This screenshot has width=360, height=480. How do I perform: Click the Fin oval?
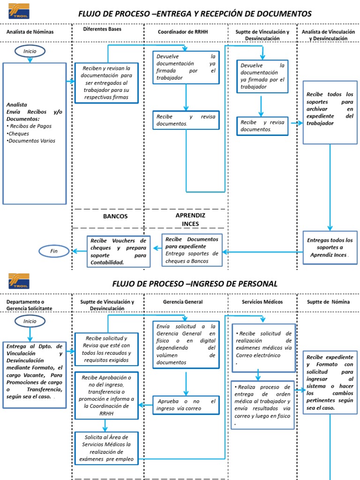54,252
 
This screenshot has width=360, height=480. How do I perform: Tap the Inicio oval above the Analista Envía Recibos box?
30,50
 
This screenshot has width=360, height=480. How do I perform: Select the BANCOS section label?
115,217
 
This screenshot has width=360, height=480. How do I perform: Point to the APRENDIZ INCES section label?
190,219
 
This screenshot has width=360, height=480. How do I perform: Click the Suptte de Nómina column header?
328,302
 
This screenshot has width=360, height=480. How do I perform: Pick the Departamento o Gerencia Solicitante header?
29,305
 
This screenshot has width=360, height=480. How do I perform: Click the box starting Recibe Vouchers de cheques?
119,251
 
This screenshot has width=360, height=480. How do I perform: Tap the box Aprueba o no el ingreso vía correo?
186,405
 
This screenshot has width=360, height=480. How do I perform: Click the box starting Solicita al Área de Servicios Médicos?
106,448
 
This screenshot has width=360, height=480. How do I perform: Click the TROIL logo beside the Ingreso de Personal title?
19,281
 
